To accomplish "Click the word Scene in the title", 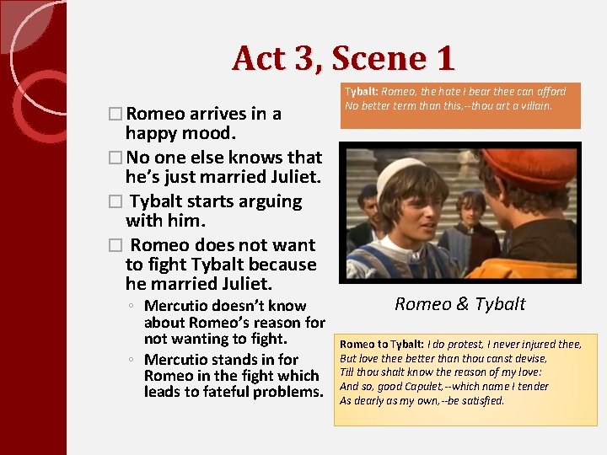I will pyautogui.click(x=373, y=58).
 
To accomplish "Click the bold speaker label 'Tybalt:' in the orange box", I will pyautogui.click(x=362, y=91).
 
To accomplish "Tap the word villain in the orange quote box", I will pyautogui.click(x=532, y=105).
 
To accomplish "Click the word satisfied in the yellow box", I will pyautogui.click(x=481, y=400).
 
